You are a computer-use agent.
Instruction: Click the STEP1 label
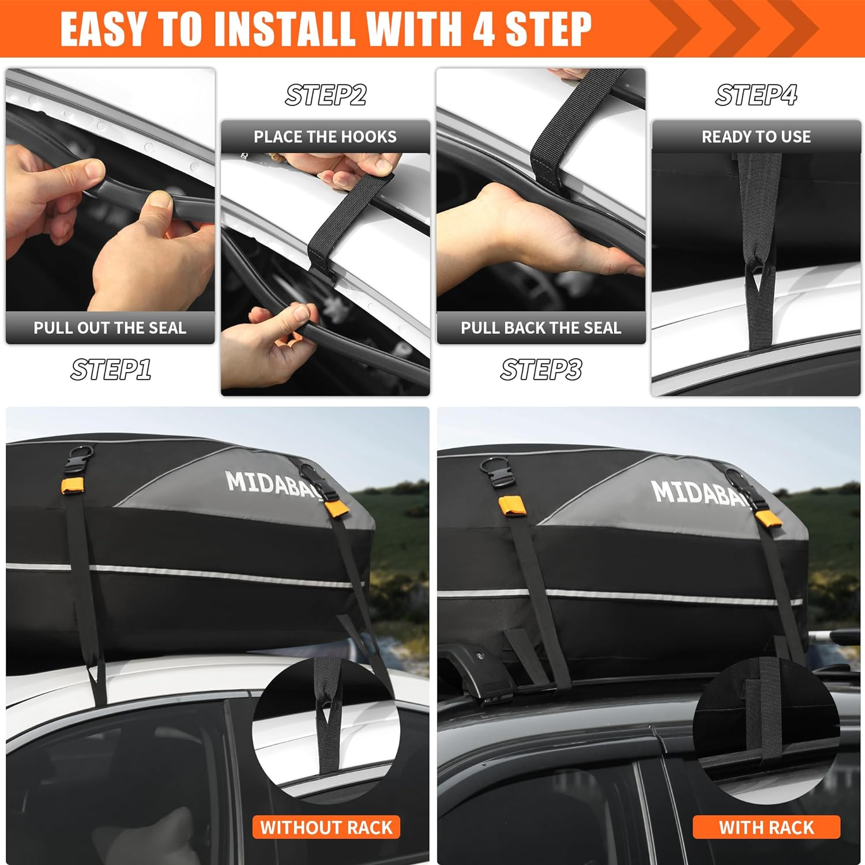pos(111,370)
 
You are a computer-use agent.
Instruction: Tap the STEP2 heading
pos(326,95)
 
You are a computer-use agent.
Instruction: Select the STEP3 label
pos(541,370)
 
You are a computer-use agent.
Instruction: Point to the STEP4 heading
pos(756,95)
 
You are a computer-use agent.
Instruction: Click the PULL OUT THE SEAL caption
pos(110,328)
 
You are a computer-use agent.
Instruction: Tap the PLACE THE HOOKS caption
pos(325,137)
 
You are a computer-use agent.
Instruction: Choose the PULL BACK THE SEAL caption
pos(541,328)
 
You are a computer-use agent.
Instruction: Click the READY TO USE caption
pos(756,137)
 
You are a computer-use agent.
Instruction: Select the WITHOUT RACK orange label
pos(326,828)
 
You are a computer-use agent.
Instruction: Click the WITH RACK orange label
pos(766,828)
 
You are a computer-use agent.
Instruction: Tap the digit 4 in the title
pos(483,29)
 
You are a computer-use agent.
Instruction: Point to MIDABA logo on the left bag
pos(271,484)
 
